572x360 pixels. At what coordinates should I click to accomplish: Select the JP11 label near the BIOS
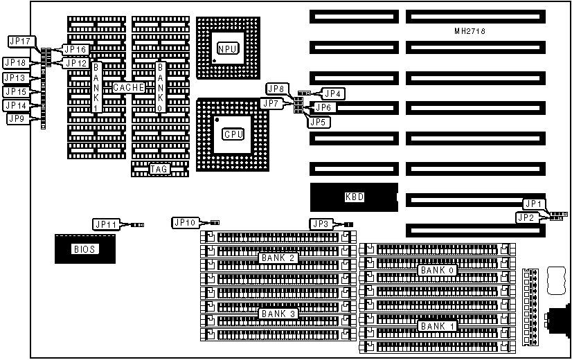(106, 224)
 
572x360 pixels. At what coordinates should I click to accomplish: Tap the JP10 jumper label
(186, 222)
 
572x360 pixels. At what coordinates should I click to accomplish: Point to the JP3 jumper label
(321, 223)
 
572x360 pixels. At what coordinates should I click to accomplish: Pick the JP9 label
(17, 119)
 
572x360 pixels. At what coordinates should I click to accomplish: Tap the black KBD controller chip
(354, 197)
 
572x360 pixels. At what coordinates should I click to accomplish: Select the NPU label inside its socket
(226, 49)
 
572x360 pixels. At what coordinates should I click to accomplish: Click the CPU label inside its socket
(232, 134)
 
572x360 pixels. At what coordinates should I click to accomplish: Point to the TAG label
(159, 169)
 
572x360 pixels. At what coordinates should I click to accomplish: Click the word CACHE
(128, 88)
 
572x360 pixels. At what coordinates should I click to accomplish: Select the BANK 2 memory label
(278, 258)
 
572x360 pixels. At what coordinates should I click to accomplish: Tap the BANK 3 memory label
(278, 314)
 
